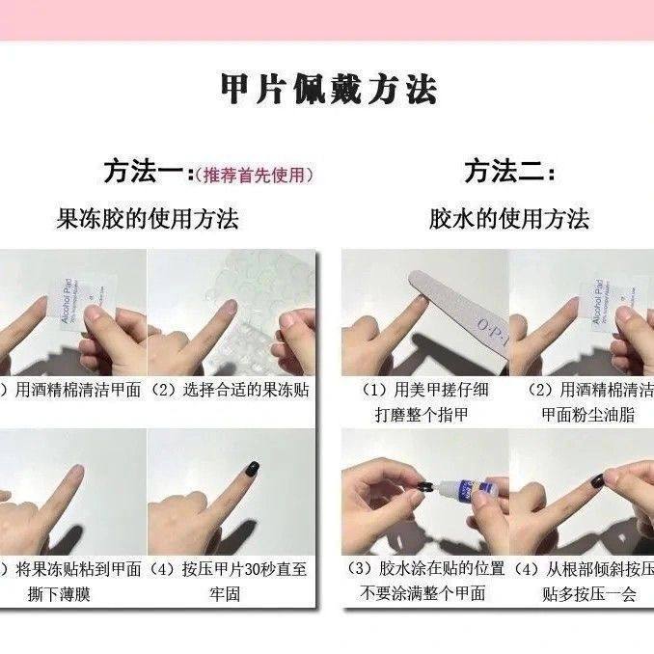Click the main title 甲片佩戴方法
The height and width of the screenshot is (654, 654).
point(328,90)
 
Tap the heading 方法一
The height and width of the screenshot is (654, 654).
point(144,173)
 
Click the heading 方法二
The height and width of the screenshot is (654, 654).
point(508,173)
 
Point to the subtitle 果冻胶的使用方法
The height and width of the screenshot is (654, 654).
point(148,218)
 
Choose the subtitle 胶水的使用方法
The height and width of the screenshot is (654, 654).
point(508,218)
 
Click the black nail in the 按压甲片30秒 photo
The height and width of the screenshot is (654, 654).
point(253,470)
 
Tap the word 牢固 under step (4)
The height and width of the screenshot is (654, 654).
point(232,594)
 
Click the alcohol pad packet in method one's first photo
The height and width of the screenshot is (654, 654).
point(71,300)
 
